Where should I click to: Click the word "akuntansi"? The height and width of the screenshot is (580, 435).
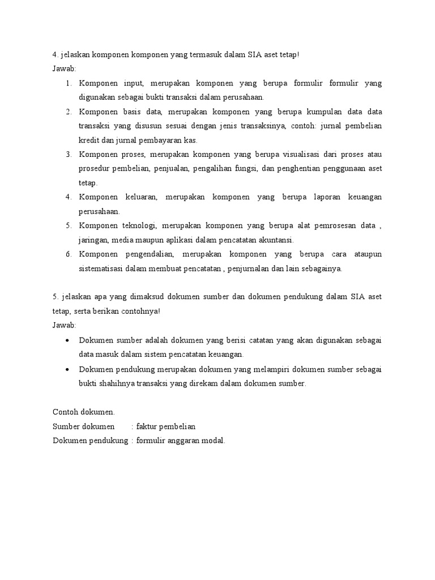click(274, 240)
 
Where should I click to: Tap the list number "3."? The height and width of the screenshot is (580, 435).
click(68, 154)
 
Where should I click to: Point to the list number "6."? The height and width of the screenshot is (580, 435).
click(68, 254)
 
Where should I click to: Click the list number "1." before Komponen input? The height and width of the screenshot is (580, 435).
click(68, 83)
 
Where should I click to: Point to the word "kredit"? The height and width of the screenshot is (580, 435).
click(89, 140)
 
